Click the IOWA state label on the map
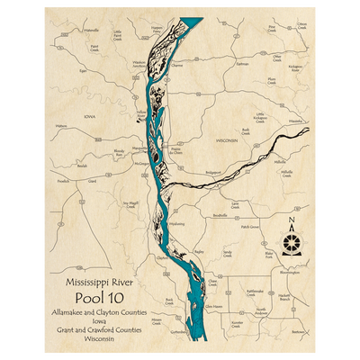(89, 116)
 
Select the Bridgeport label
(212, 170)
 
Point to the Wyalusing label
(176, 223)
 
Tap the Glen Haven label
(213, 307)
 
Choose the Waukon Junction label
(139, 65)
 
